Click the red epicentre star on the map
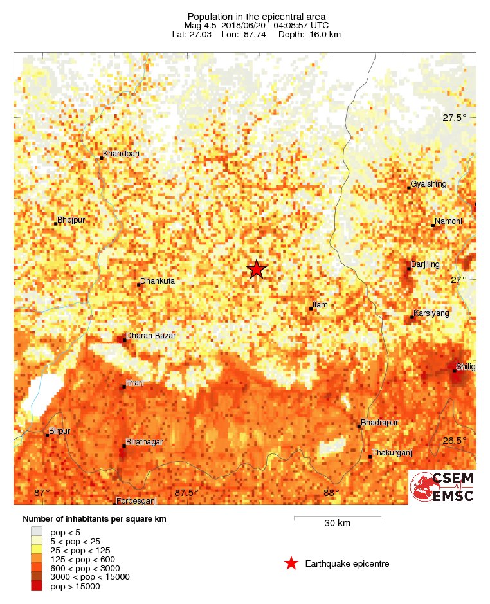(257, 269)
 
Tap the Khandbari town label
(121, 154)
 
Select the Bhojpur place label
(71, 220)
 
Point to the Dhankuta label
(157, 281)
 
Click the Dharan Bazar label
(150, 336)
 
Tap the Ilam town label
(320, 304)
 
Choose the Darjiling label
(426, 264)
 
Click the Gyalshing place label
(428, 184)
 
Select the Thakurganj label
(392, 453)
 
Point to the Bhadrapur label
(380, 422)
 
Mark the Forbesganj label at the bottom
(136, 501)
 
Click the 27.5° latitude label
(454, 118)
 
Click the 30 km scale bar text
(337, 524)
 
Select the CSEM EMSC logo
(442, 486)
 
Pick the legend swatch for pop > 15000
(37, 586)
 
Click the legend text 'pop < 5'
(65, 532)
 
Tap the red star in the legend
(291, 563)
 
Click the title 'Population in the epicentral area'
(257, 16)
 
